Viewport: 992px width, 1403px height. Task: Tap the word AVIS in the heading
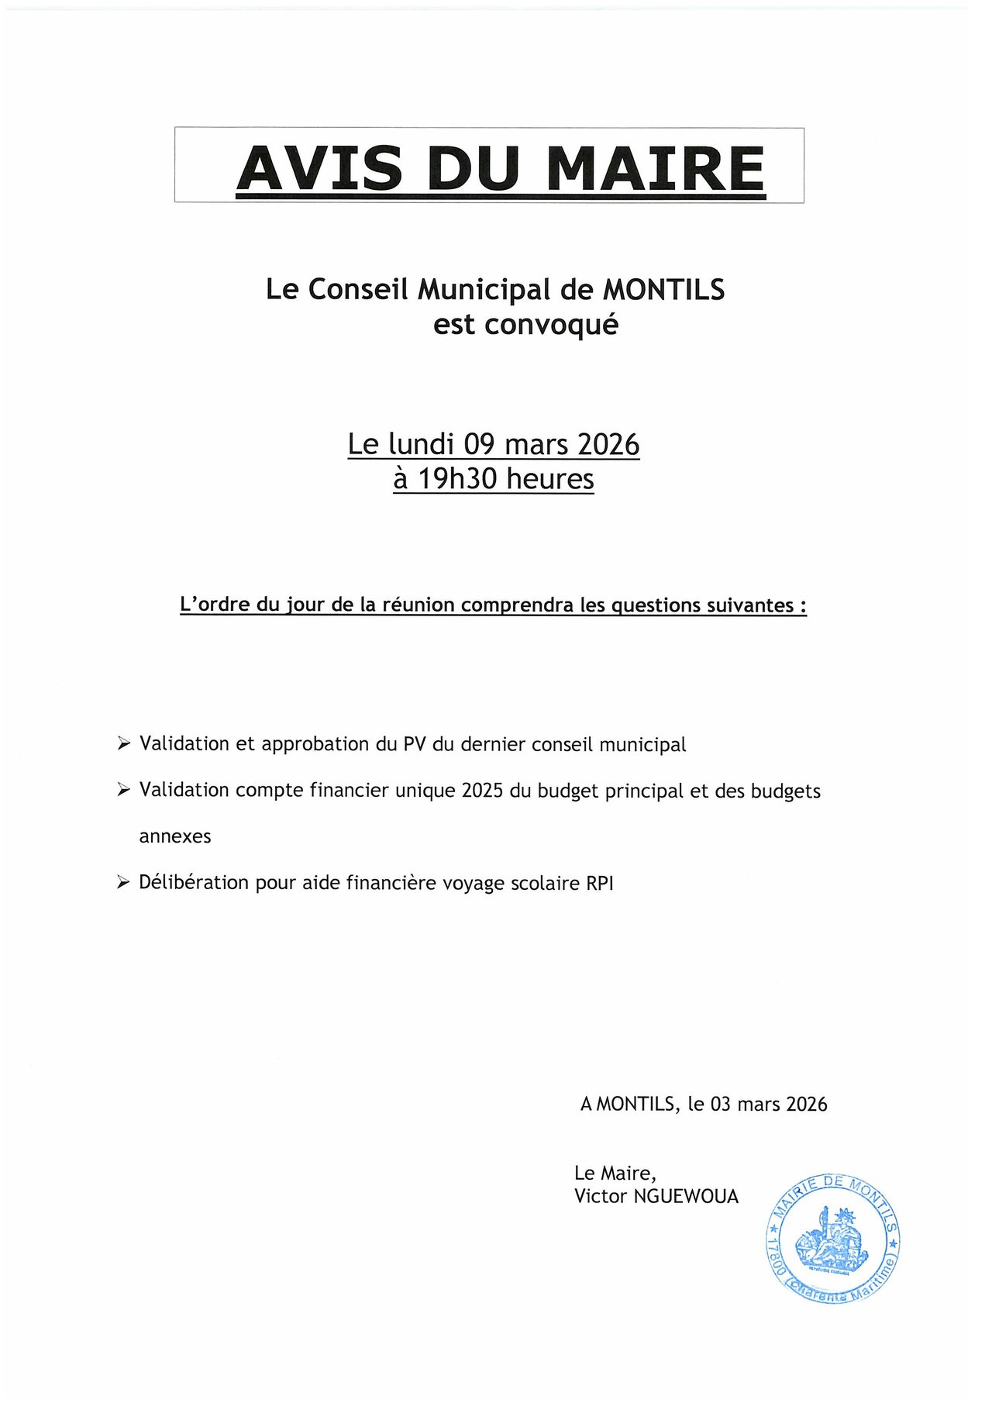319,168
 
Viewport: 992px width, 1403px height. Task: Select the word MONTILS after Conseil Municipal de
664,290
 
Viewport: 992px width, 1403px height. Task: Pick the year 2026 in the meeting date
608,444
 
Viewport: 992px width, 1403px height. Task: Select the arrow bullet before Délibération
122,882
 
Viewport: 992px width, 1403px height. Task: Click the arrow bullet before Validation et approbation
122,743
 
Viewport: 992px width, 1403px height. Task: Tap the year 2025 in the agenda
482,791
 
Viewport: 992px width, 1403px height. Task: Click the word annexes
175,836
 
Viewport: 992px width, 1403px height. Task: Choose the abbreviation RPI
600,883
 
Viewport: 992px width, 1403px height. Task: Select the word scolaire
543,883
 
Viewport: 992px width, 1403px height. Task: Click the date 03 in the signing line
721,1104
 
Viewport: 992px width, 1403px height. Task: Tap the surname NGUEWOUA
686,1196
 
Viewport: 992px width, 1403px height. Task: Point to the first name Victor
601,1196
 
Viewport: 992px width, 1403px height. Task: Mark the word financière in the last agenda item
389,883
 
